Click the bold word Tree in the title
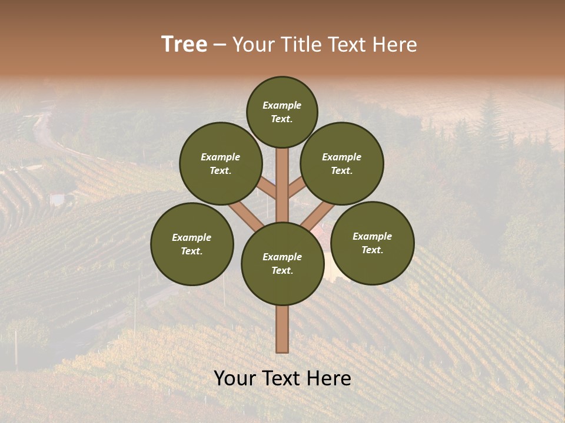point(184,45)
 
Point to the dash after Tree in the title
point(220,45)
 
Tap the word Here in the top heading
point(395,45)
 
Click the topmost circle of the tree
point(282,112)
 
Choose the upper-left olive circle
point(221,164)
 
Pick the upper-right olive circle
point(342,164)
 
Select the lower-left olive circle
point(192,244)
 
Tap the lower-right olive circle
point(373,243)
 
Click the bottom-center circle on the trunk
point(282,264)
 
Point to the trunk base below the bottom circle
point(282,329)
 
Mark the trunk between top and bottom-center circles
point(282,185)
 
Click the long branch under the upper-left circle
point(245,214)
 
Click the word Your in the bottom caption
point(235,378)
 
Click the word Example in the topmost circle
point(282,106)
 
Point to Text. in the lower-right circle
point(372,250)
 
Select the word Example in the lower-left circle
point(191,237)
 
